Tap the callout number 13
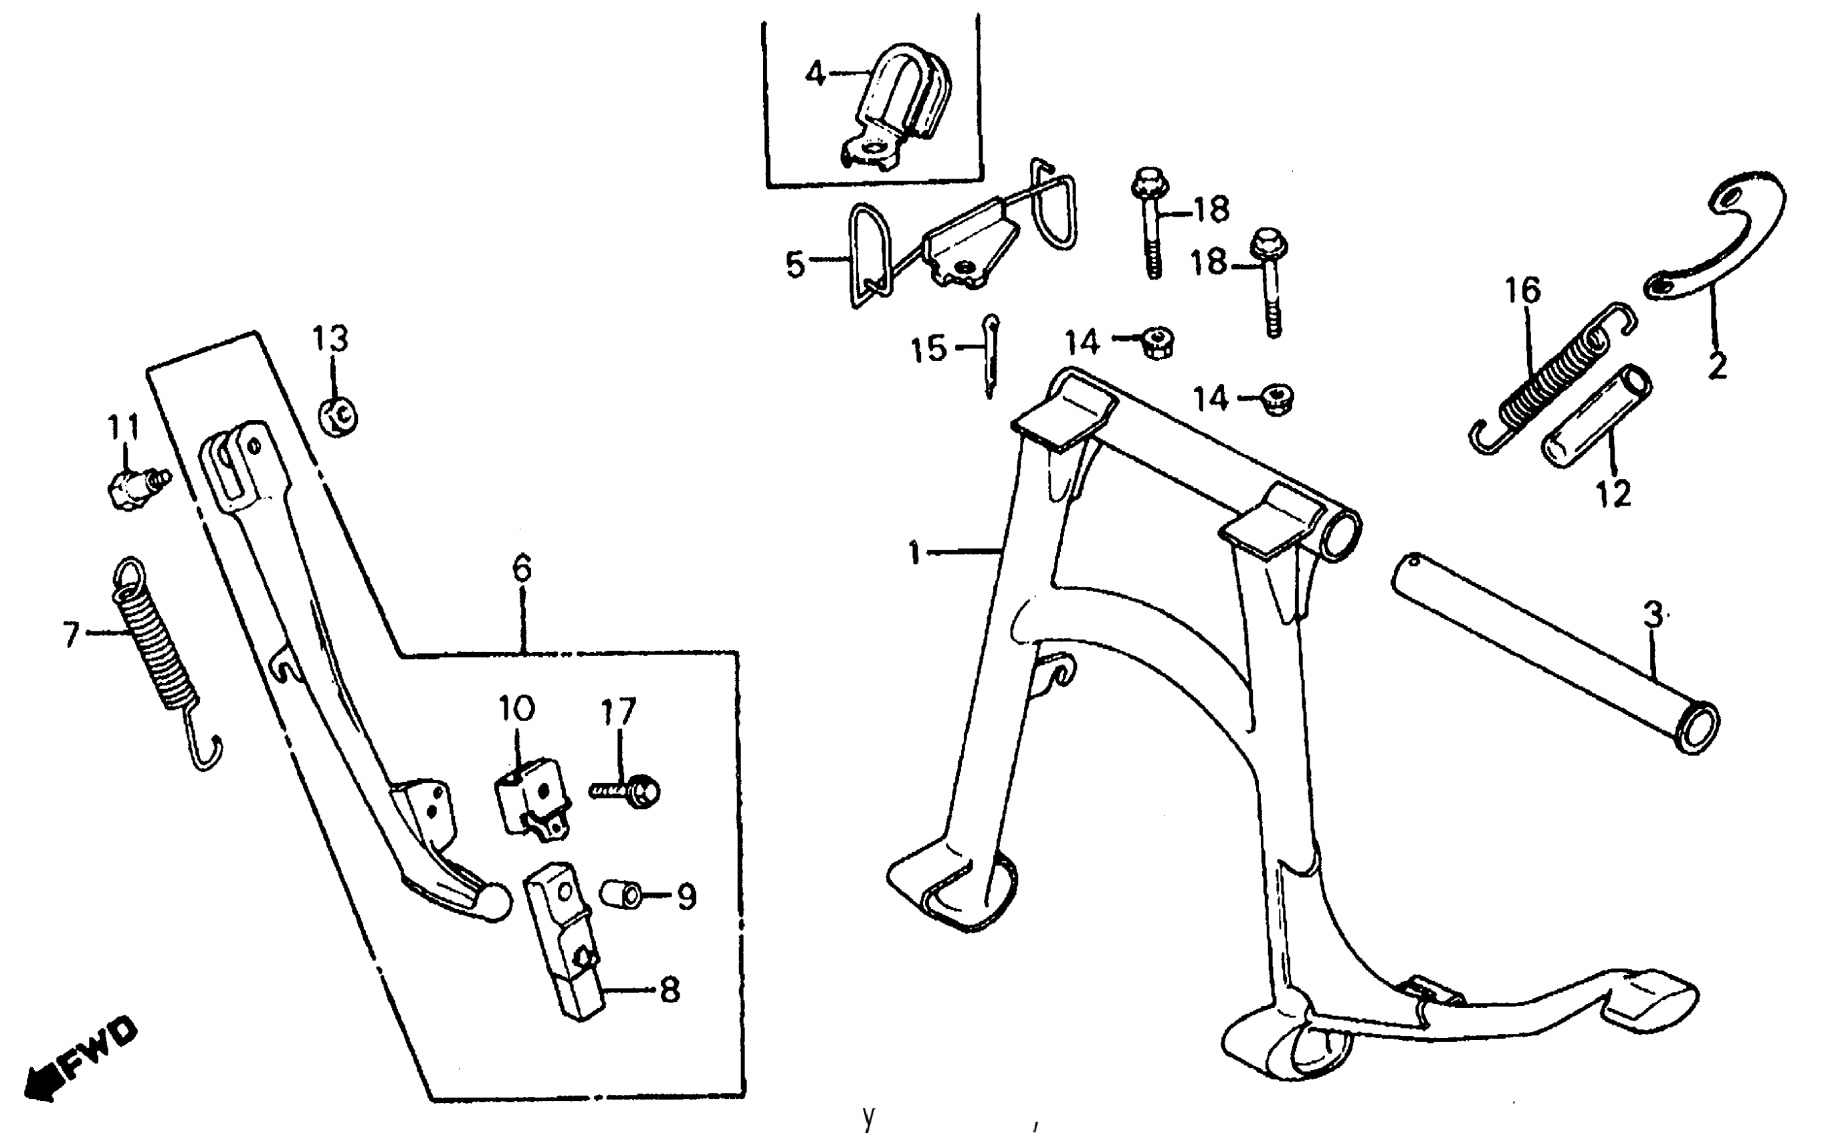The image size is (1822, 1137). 331,339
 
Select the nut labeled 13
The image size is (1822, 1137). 338,416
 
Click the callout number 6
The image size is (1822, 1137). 522,568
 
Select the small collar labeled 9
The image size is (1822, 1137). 622,895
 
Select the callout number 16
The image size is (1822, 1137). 1522,291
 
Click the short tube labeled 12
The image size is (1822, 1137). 1598,417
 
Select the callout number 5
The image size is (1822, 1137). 795,265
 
